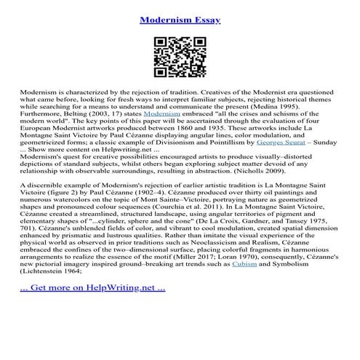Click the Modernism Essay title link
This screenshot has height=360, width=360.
[180, 15]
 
